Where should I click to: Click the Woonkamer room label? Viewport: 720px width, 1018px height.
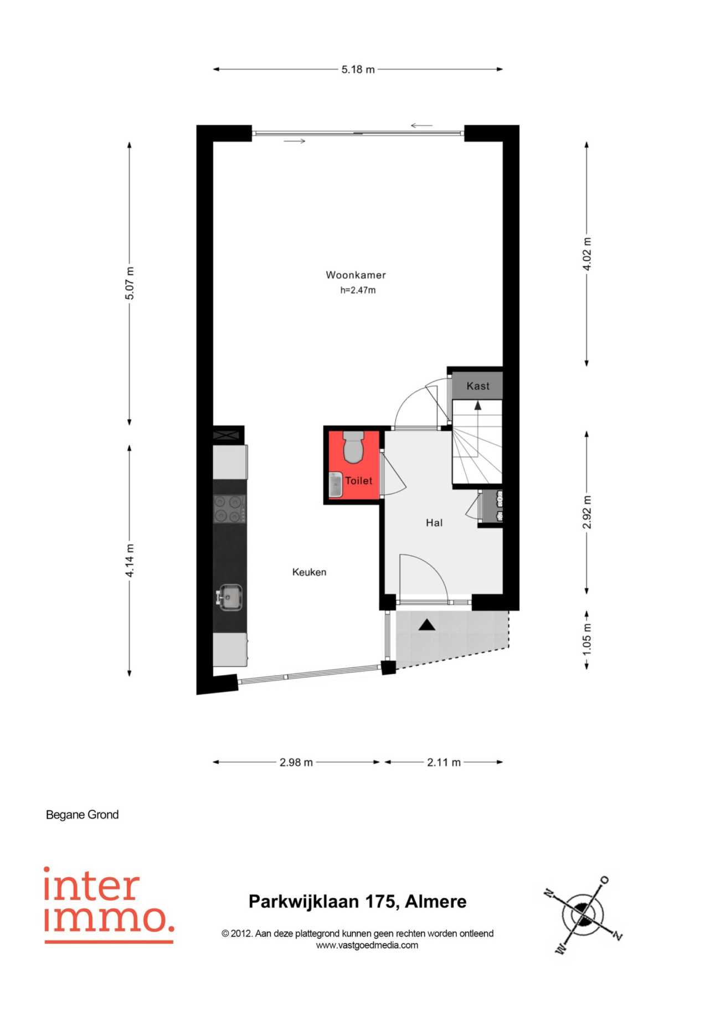tap(356, 275)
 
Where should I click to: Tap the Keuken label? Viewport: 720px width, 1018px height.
tap(309, 572)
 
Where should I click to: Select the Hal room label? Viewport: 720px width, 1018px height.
tap(434, 522)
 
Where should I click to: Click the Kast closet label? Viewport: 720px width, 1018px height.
tap(478, 386)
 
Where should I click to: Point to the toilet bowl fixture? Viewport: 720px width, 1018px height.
tap(353, 446)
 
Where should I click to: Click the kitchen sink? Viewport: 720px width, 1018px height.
tap(229, 598)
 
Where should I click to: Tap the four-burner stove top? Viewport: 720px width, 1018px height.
tap(230, 509)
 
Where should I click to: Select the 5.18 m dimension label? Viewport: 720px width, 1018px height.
tap(358, 69)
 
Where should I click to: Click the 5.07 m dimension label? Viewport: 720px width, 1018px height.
tap(130, 283)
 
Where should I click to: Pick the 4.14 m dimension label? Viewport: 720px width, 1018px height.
tap(130, 561)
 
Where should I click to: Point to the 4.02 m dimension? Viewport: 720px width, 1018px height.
tap(587, 254)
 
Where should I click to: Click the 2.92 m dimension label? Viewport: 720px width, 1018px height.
tap(587, 512)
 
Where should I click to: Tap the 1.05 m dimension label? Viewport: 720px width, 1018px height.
tap(587, 639)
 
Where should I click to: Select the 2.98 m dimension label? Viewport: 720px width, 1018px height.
tap(296, 762)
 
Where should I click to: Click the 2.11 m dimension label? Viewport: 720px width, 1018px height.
tap(444, 762)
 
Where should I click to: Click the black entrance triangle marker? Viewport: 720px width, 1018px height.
tap(426, 625)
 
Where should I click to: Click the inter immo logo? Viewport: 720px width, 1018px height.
tap(109, 905)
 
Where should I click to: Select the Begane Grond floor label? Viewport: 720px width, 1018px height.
tap(82, 815)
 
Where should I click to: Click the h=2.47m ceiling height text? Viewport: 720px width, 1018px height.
tap(358, 290)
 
